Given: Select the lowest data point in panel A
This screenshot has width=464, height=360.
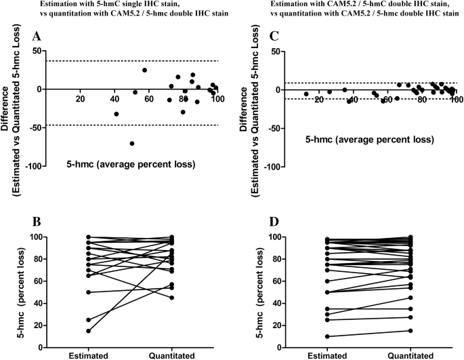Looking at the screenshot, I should coord(132,143).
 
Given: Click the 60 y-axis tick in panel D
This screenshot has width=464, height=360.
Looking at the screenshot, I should coord(274,281).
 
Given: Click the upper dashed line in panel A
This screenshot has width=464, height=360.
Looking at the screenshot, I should coord(135,61).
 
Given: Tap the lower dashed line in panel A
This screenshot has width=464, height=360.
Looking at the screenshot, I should coord(135,125).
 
